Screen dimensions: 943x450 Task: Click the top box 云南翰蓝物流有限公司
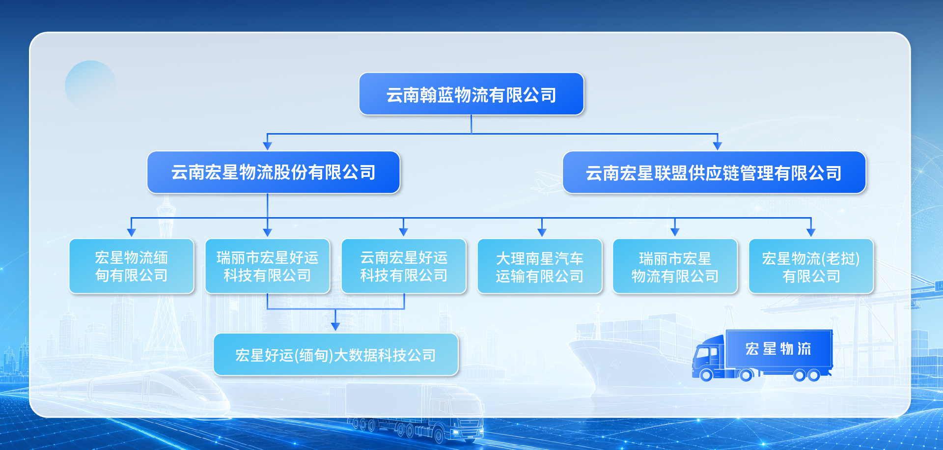tap(471, 94)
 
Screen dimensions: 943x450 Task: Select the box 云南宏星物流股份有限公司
tap(274, 172)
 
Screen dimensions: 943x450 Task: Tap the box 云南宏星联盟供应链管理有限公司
tap(714, 172)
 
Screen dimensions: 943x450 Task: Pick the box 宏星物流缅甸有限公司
tap(132, 266)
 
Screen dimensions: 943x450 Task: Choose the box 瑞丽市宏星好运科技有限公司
tap(268, 266)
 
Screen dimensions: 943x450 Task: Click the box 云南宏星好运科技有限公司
tap(404, 266)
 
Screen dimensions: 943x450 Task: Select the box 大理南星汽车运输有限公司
tap(540, 266)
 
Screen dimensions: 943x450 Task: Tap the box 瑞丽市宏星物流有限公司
tap(675, 266)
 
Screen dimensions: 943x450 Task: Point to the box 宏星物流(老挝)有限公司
tap(811, 266)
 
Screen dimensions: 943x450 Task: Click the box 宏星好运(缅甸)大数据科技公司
tap(336, 355)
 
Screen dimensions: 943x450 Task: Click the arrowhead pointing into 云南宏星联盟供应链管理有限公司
tap(718, 146)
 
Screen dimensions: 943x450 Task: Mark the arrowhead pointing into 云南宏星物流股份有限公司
tap(268, 146)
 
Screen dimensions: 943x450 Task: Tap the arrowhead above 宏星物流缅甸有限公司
tap(131, 232)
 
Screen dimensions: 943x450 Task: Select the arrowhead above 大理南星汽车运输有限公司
tap(542, 232)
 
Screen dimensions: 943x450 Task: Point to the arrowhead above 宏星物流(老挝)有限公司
tap(811, 232)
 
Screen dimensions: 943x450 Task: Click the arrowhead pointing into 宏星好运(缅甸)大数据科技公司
tap(335, 327)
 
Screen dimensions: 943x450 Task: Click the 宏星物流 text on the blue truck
tap(778, 349)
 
